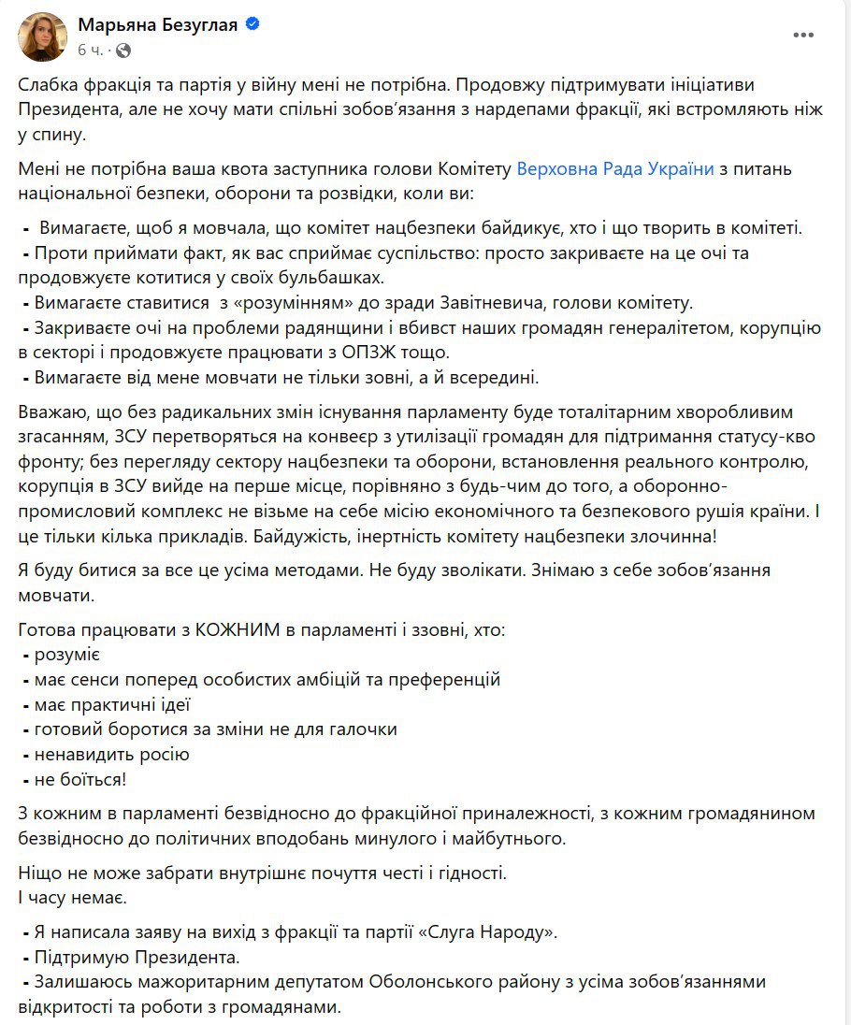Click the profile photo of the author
coord(43,36)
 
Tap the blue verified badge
coord(252,25)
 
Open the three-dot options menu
coord(803,36)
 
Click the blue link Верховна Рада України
coord(615,169)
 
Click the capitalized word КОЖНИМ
coord(240,630)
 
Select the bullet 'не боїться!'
coord(82,778)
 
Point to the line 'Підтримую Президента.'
coord(137,958)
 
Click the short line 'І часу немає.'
coord(69,898)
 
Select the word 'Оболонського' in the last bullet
coord(426,983)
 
